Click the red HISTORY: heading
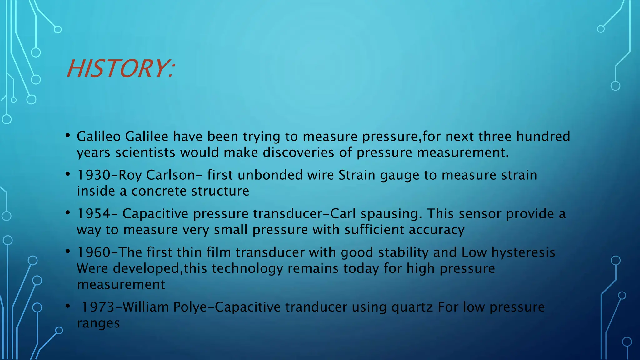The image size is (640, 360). coord(120,69)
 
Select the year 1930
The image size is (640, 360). coord(93,175)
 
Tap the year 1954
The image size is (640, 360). coord(93,214)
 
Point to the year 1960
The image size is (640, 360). coord(93,252)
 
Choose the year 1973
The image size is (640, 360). coord(98,307)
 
